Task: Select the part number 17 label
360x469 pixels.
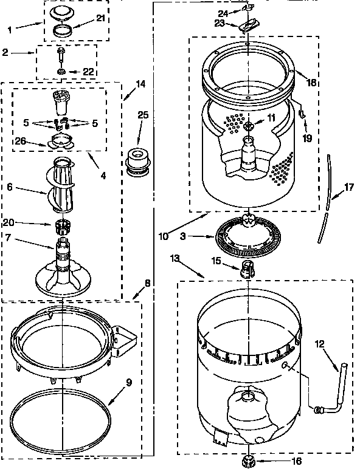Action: (348, 188)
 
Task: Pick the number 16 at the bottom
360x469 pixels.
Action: (280, 462)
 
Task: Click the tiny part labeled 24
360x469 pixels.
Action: (247, 9)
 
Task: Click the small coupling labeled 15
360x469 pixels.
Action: (247, 268)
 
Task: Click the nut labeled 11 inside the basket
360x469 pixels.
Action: (249, 126)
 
